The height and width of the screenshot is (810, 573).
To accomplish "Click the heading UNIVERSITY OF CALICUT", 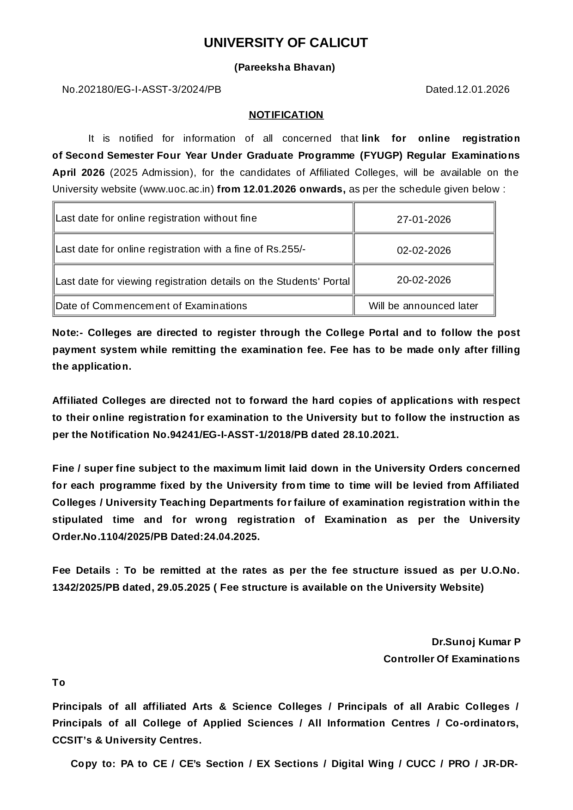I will (286, 43).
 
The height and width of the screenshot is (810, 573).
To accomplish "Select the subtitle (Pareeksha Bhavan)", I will (285, 67).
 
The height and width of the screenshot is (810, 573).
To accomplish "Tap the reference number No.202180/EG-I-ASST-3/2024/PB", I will (141, 90).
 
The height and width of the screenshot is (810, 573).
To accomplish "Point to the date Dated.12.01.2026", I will (467, 90).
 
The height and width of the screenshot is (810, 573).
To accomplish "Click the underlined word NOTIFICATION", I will (286, 115).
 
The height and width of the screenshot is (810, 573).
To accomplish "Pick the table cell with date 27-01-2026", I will (424, 219).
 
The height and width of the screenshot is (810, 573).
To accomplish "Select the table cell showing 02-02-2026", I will (424, 250).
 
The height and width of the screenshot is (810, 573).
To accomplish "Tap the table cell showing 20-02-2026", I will (424, 280).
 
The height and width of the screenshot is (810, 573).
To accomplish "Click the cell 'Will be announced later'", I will (423, 306).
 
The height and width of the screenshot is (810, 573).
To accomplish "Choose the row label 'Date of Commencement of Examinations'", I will (151, 306).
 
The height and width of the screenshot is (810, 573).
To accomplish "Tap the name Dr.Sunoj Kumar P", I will (476, 642).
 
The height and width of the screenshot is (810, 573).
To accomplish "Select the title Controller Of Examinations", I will (451, 659).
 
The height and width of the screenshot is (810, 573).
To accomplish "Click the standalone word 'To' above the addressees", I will (59, 683).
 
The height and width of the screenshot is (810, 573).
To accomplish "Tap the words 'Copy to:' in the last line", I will (92, 764).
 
